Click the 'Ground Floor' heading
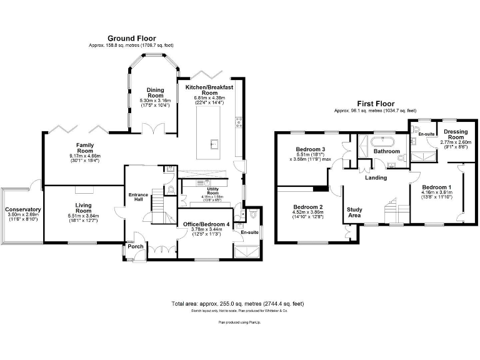click(x=132, y=38)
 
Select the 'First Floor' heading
click(x=375, y=104)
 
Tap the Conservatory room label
click(x=22, y=210)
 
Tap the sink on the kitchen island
click(x=214, y=146)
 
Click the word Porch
click(x=135, y=246)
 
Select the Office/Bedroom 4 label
click(x=206, y=224)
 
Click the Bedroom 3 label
click(x=311, y=149)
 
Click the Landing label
click(x=376, y=177)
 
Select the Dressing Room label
click(x=456, y=134)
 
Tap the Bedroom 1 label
click(x=436, y=187)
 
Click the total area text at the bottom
click(x=237, y=303)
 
